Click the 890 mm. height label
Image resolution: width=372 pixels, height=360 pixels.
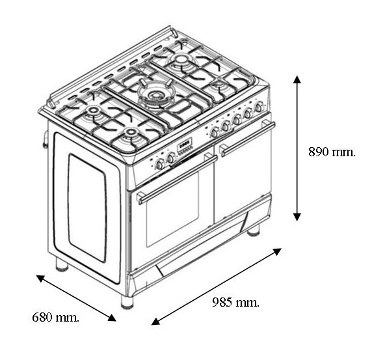[x=332, y=152]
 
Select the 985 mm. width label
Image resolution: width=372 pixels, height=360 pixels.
[x=235, y=302]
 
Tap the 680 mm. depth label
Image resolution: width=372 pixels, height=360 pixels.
[x=55, y=317]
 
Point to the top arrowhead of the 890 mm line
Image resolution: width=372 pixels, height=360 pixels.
[x=297, y=79]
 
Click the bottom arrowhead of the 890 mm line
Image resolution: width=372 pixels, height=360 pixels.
[x=297, y=217]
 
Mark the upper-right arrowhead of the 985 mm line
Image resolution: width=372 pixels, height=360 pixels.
[x=278, y=251]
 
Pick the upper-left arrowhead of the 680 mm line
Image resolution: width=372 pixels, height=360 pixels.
[x=40, y=279]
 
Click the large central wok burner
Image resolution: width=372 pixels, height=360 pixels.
[x=155, y=96]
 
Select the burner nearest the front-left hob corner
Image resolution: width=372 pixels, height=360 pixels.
[x=130, y=137]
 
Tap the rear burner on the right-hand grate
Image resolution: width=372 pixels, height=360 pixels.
[x=181, y=60]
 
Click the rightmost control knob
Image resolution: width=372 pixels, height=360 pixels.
[x=259, y=106]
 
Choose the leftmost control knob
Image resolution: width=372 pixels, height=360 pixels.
[x=159, y=164]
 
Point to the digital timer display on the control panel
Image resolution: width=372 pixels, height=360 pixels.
[x=185, y=144]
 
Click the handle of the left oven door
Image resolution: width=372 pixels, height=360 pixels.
[x=177, y=179]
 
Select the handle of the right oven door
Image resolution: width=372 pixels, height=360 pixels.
[x=247, y=139]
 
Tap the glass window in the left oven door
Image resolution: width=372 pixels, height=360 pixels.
[x=172, y=209]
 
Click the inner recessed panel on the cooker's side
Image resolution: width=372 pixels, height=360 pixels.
[x=87, y=208]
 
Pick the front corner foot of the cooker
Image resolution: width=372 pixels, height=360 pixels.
[x=127, y=302]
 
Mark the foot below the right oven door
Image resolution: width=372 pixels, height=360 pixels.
[x=254, y=230]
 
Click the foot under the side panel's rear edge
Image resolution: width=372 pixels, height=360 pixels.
[x=62, y=265]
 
